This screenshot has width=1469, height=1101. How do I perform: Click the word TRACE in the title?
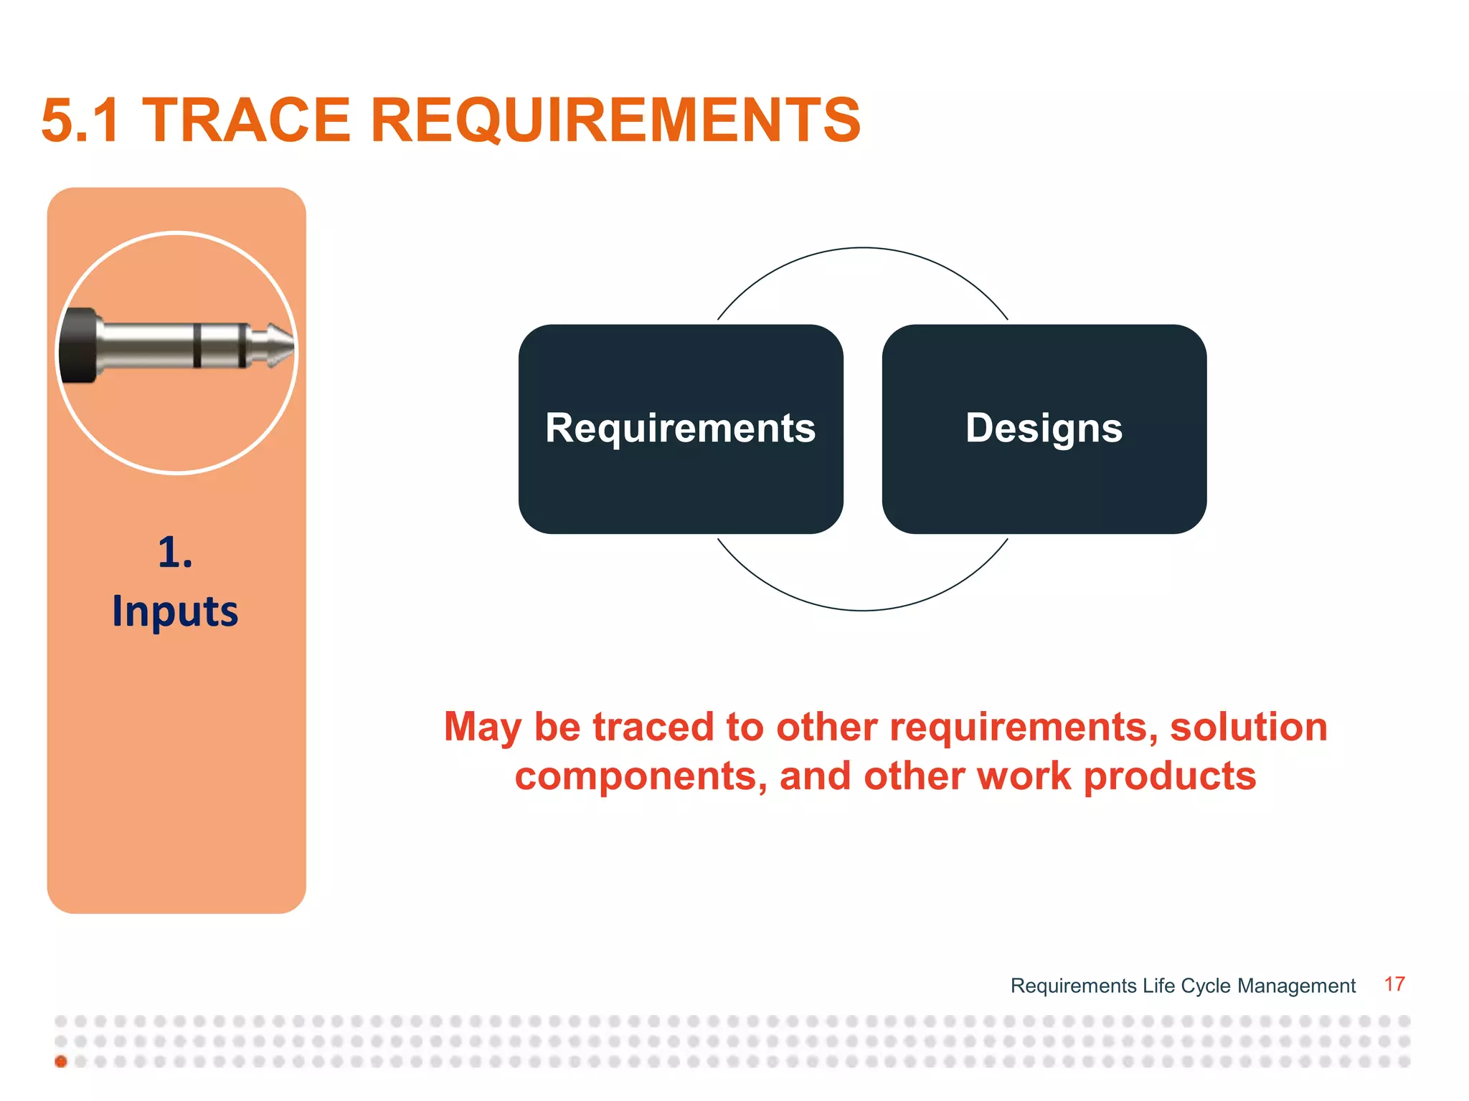246,120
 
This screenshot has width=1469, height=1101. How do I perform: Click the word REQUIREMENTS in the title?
615,120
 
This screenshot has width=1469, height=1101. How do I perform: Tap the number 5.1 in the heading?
80,120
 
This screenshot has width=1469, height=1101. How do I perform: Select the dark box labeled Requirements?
680,429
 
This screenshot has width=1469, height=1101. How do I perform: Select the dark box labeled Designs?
1044,429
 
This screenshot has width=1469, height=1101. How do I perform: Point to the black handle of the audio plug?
77,345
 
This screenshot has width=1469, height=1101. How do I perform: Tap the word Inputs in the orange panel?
175,611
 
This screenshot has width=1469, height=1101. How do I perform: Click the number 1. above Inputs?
175,553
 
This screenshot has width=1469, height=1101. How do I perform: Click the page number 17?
1394,984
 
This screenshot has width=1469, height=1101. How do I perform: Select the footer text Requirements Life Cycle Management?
1182,986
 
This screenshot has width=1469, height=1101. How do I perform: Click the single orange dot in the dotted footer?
61,1062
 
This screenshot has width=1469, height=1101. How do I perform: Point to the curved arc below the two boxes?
863,610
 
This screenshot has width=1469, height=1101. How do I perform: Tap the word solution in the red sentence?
1249,727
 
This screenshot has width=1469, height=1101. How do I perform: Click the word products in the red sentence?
1169,776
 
